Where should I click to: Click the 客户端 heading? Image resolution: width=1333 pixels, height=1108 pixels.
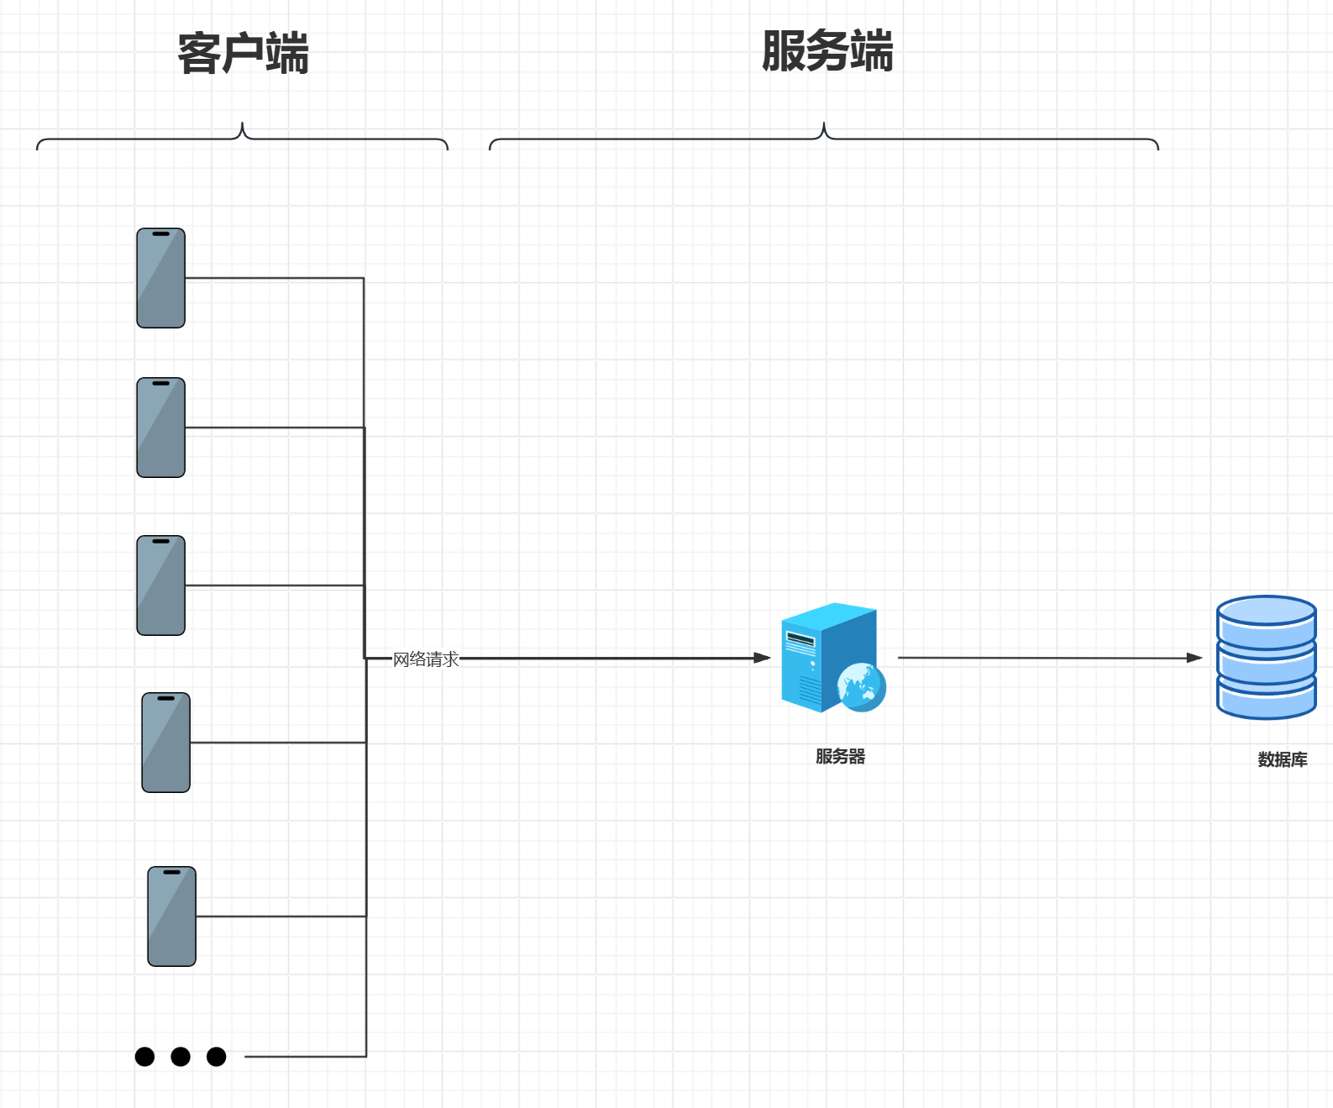(x=243, y=53)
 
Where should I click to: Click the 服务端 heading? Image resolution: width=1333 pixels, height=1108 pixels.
(x=827, y=50)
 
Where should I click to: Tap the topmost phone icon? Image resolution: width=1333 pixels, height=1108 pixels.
(x=160, y=278)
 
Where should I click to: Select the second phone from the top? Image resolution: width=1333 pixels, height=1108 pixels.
(x=160, y=428)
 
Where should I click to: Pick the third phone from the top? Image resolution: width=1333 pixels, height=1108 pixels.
(x=160, y=586)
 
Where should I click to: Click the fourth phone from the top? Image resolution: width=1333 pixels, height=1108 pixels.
(x=165, y=743)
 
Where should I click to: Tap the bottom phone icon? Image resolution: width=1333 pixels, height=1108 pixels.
(x=171, y=916)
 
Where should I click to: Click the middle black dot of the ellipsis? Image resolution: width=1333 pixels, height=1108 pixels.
(x=181, y=1056)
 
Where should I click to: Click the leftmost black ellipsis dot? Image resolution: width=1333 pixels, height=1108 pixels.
(x=144, y=1056)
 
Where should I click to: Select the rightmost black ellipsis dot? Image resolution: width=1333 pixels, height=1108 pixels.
(x=216, y=1056)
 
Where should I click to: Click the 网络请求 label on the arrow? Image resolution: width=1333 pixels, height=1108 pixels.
(x=426, y=659)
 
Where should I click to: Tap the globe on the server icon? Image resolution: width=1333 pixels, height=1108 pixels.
(x=862, y=687)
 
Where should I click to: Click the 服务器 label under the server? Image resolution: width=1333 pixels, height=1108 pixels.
(x=840, y=756)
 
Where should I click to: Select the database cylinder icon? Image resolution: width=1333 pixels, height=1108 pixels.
(x=1266, y=657)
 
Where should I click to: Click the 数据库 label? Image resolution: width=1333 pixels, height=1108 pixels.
(x=1282, y=759)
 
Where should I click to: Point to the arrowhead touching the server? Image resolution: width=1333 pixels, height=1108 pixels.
(x=762, y=658)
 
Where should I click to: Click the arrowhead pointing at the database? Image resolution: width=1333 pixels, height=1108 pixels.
(x=1194, y=658)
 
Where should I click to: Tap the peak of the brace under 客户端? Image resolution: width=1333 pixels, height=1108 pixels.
(x=243, y=126)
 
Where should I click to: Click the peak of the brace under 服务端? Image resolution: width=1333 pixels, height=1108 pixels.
(x=824, y=126)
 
